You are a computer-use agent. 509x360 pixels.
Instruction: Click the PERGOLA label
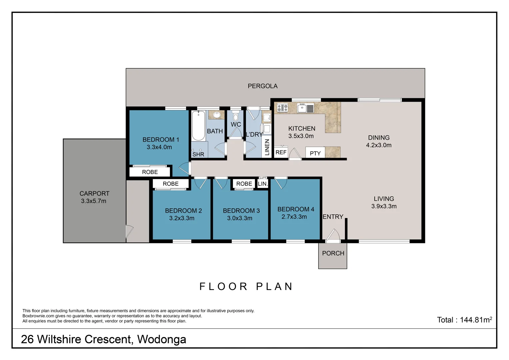(262, 86)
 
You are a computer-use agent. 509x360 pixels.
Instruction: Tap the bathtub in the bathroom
(198, 126)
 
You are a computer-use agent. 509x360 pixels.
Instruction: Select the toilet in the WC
(236, 116)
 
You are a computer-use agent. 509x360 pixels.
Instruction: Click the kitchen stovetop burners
(282, 108)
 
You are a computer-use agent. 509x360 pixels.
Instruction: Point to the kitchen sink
(302, 108)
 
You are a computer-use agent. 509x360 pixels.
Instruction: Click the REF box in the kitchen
(281, 152)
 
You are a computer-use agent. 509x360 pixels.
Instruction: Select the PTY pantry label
(315, 153)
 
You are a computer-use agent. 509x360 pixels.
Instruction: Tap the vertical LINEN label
(267, 147)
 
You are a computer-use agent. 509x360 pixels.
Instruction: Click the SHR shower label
(198, 154)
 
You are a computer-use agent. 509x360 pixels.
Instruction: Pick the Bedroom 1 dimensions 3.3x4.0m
(159, 147)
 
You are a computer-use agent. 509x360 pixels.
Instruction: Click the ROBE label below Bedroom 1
(150, 172)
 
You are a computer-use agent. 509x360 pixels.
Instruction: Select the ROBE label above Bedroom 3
(244, 184)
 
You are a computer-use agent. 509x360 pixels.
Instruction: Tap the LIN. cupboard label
(263, 184)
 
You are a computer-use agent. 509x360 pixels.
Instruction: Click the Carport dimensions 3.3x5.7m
(94, 201)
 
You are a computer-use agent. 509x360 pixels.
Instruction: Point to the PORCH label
(333, 253)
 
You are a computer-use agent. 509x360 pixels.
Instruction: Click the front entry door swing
(333, 235)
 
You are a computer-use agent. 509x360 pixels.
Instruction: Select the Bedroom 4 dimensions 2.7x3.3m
(294, 217)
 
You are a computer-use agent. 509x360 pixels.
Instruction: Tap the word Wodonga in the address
(162, 339)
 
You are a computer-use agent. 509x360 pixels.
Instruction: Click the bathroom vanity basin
(217, 115)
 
